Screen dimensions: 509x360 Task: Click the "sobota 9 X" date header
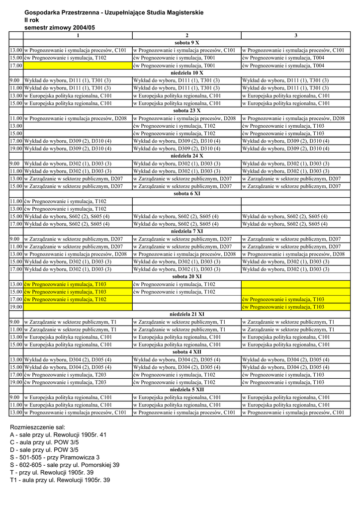tap(186, 43)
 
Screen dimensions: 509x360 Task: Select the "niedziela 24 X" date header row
tap(186, 156)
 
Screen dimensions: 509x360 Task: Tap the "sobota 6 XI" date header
tap(186, 193)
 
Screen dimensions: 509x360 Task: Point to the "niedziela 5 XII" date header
tap(186, 390)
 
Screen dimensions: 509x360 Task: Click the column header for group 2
tap(186, 35)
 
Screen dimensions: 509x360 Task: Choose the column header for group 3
tap(296, 35)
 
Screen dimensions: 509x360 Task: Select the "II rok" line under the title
tap(32, 20)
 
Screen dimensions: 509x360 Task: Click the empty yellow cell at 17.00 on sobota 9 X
tap(78, 65)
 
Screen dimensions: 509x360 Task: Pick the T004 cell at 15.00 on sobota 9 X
tap(296, 58)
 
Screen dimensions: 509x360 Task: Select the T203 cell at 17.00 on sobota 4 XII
tap(78, 374)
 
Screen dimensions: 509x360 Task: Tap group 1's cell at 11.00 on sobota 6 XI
tap(78, 201)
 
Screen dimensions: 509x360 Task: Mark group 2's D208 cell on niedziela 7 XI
tap(186, 254)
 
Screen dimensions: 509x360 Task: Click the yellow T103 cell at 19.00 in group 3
tap(296, 307)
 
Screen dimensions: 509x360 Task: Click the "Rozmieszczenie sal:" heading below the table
tap(38, 427)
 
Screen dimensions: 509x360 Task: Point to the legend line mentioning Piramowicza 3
tap(55, 457)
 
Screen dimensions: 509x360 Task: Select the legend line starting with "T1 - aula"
tap(60, 480)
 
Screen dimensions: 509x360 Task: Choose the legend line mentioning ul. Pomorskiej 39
tap(65, 465)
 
